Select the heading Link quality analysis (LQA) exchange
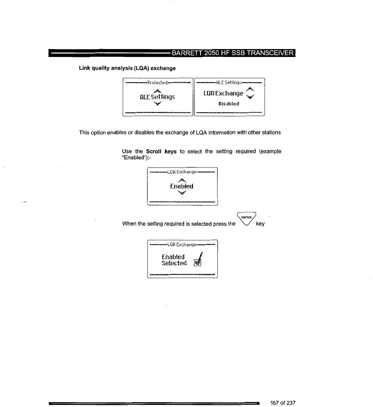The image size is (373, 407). pos(127,68)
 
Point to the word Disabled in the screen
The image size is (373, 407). pos(229,104)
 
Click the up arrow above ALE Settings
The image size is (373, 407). pos(157,90)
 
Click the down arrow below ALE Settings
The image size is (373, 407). pos(157,104)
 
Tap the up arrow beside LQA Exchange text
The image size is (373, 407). pos(251,89)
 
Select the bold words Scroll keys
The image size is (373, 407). pos(161,151)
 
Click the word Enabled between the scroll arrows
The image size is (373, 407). pos(182,186)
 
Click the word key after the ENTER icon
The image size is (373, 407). pos(260,224)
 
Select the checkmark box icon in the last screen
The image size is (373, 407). pos(197,263)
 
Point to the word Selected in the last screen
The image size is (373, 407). pos(175,263)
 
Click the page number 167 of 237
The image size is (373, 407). pos(282,403)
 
